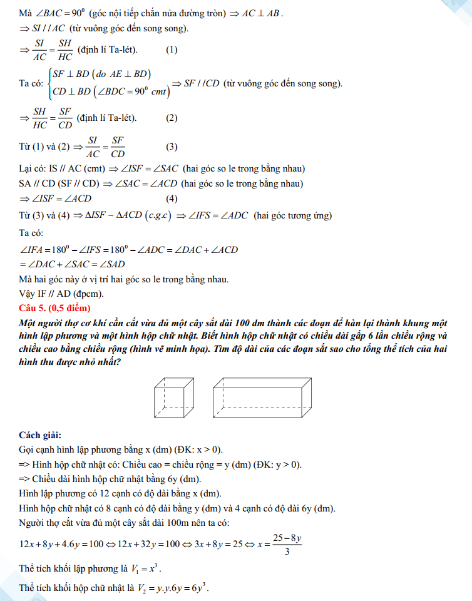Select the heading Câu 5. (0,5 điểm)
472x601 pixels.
point(55,308)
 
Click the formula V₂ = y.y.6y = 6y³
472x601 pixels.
point(177,588)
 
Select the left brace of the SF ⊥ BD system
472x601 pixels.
point(49,84)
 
